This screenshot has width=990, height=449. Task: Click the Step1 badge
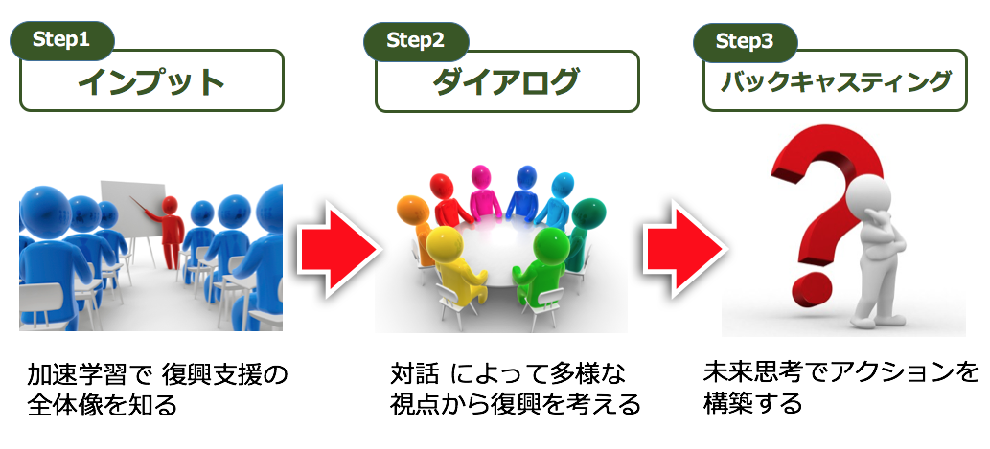coord(62,40)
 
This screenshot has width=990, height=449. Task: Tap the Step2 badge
coord(416,40)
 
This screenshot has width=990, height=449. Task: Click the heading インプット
coord(151,81)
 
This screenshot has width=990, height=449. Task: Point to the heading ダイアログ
coord(506,82)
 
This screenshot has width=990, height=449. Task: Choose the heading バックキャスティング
coord(836,82)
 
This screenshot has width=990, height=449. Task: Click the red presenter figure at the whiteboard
coord(170,231)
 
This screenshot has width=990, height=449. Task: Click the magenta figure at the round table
coord(483,191)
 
